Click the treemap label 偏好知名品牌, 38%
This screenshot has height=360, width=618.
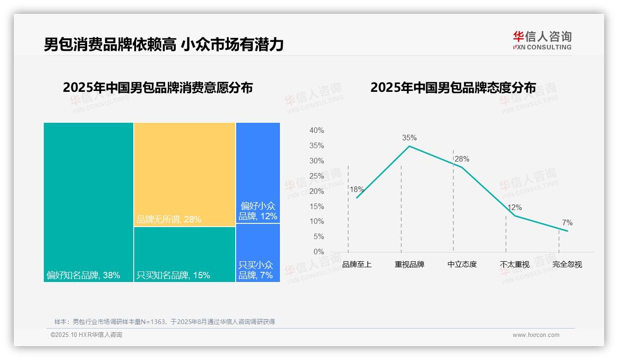click(83, 276)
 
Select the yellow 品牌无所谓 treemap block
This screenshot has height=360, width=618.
click(184, 174)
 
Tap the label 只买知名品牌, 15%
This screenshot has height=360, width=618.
click(173, 276)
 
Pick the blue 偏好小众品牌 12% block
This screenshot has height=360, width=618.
click(258, 173)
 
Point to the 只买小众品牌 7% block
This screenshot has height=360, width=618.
click(258, 253)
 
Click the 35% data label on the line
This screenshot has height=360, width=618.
click(409, 138)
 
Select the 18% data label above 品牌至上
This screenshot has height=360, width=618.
click(357, 189)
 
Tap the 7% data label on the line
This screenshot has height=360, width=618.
click(567, 223)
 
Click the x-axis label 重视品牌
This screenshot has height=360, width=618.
click(410, 264)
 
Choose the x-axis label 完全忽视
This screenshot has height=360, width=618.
click(567, 264)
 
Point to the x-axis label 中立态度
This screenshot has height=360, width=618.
click(462, 264)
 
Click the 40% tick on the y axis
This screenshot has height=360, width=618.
click(316, 131)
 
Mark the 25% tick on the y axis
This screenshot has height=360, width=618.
click(316, 176)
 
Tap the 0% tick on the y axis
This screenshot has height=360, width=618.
click(318, 252)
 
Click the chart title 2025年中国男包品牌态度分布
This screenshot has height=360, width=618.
click(453, 88)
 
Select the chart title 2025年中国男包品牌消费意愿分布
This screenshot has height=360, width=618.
click(158, 88)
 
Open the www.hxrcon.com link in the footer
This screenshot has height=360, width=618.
click(536, 335)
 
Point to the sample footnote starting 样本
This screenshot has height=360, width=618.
click(165, 322)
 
